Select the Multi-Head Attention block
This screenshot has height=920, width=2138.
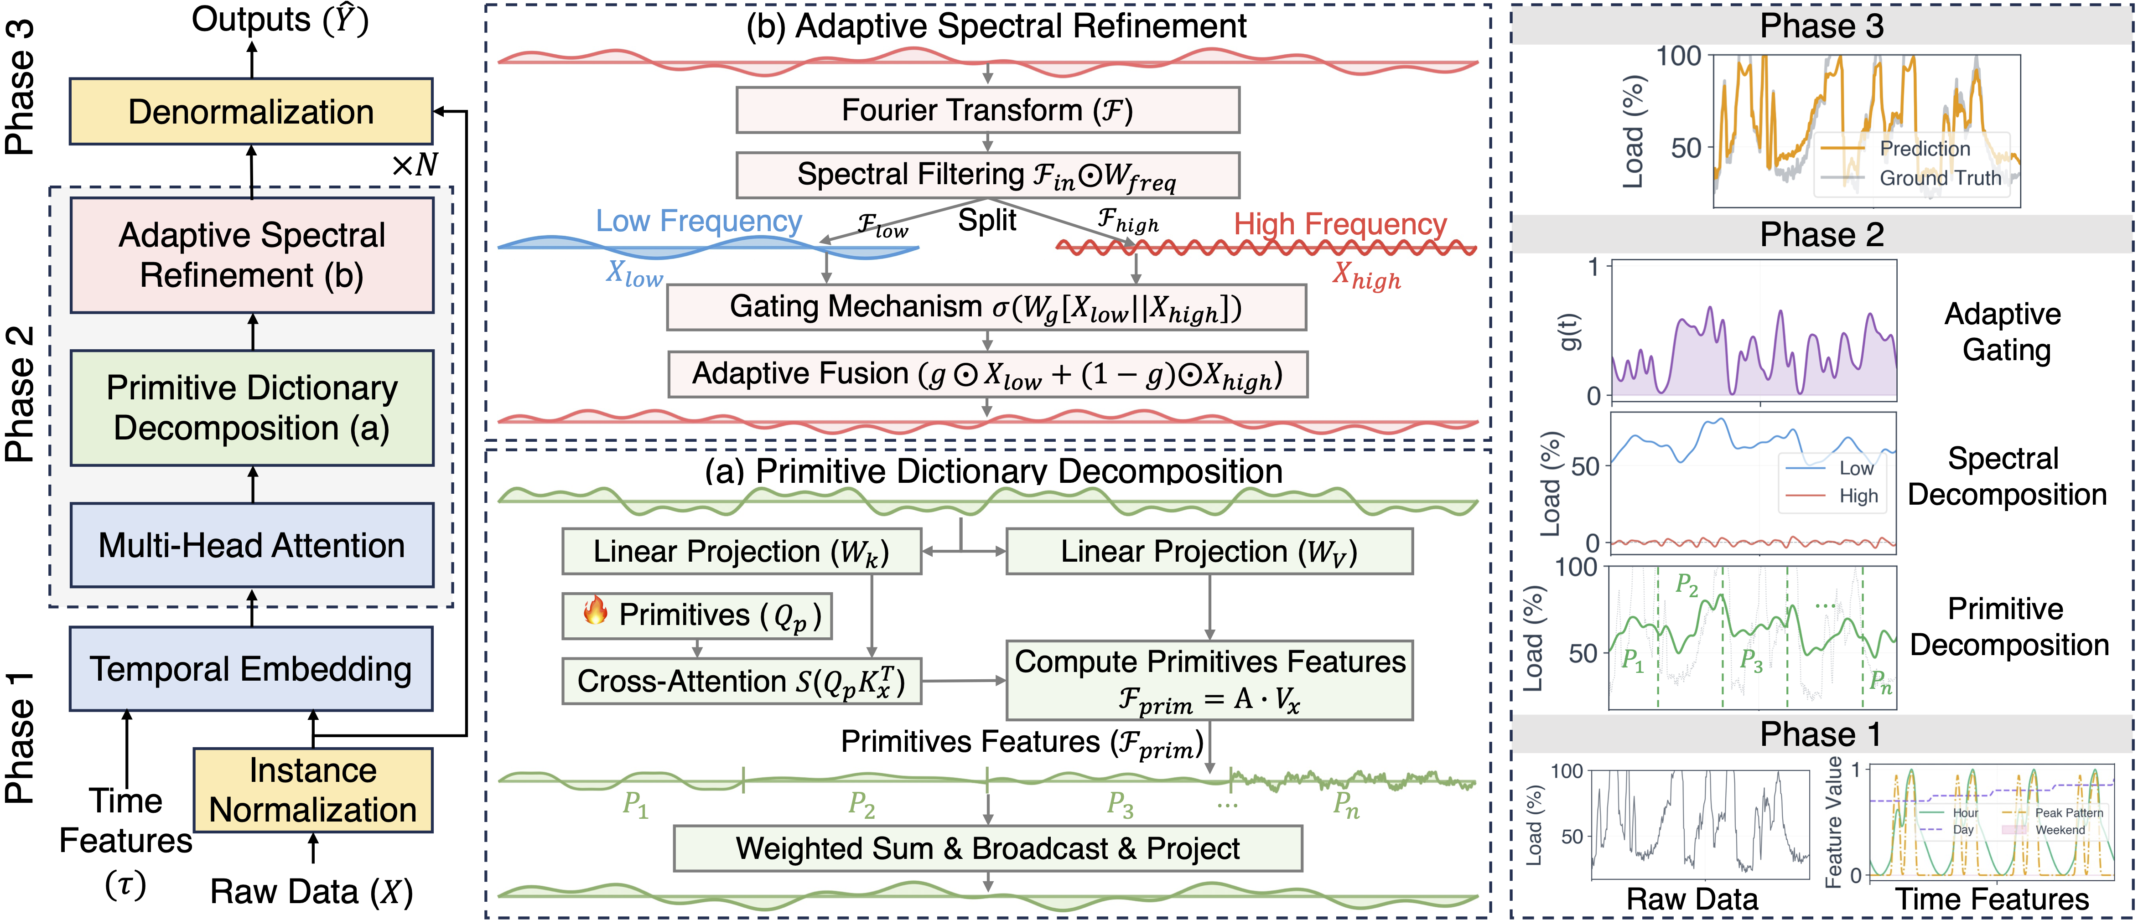(x=251, y=545)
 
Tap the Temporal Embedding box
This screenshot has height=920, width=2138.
(x=251, y=669)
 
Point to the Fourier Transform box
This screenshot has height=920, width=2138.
(x=987, y=109)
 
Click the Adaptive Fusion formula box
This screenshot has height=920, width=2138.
(x=987, y=374)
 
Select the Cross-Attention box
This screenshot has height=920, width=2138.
(x=741, y=681)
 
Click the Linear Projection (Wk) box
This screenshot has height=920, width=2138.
(x=741, y=552)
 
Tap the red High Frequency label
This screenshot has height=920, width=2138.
(x=1339, y=224)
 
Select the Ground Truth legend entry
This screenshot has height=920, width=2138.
(x=1939, y=177)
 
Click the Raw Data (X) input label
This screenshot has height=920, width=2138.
(x=311, y=892)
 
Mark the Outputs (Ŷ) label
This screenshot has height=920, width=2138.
(x=280, y=20)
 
